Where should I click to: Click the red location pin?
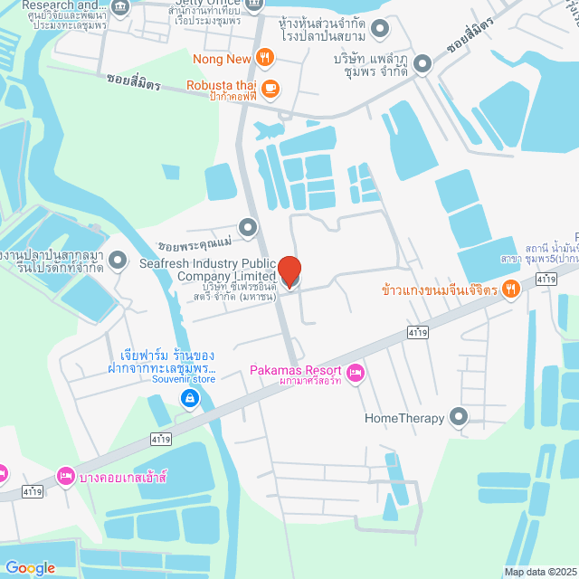[289, 271]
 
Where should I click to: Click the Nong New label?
[222, 60]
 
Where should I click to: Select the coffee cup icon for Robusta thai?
[271, 89]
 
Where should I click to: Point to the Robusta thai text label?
[222, 86]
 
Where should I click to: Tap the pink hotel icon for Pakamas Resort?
[355, 372]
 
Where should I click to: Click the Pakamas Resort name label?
[296, 371]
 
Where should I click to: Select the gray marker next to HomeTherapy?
[459, 417]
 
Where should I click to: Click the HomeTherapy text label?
[404, 418]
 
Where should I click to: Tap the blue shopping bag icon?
[189, 397]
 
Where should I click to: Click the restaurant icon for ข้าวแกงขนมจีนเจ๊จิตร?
[511, 289]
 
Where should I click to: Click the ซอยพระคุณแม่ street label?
[195, 244]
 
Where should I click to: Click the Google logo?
[29, 567]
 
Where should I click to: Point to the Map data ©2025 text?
[540, 571]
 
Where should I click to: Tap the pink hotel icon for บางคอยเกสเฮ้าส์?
[65, 474]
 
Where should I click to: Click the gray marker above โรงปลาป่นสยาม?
[380, 28]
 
